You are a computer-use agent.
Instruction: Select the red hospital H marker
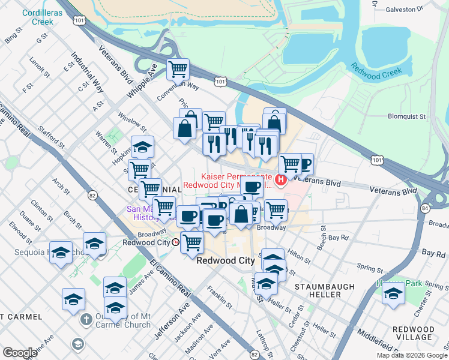(x=280, y=179)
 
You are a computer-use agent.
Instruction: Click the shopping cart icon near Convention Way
(x=178, y=70)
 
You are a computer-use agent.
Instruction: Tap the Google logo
(x=20, y=353)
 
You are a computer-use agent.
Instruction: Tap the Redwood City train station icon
(x=175, y=242)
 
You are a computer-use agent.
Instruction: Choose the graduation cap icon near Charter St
(x=393, y=293)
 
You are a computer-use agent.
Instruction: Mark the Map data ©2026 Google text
(x=411, y=355)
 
